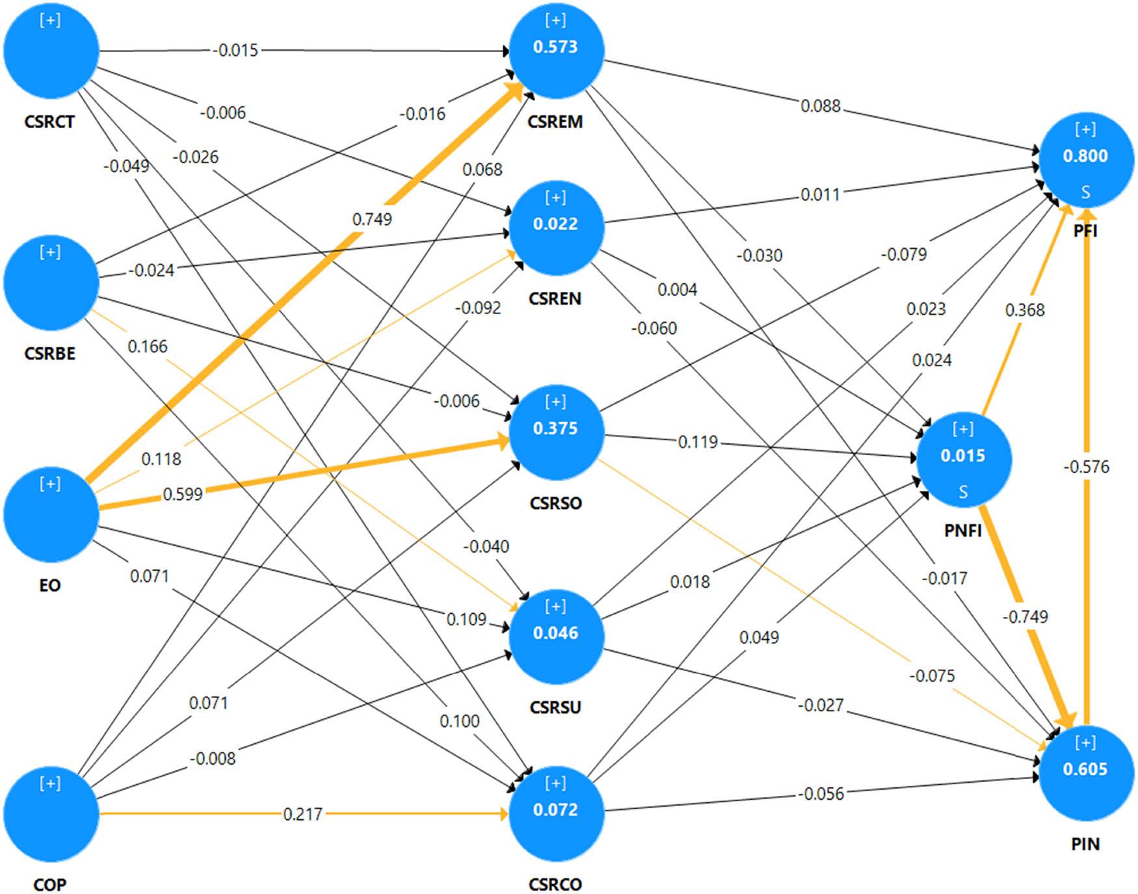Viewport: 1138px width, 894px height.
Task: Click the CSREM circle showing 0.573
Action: click(556, 51)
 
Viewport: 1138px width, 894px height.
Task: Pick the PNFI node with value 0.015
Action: click(963, 459)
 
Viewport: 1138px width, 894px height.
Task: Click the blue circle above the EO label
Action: click(51, 514)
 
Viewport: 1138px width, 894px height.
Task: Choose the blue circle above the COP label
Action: click(51, 813)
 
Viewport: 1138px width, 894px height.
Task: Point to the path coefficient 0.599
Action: click(183, 494)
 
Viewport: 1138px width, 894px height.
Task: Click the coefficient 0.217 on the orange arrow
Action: click(302, 814)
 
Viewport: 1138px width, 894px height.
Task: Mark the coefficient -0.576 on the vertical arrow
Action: click(1086, 467)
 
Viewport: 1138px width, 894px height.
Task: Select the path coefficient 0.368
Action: click(1025, 310)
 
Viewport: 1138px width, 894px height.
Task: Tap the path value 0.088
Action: click(821, 106)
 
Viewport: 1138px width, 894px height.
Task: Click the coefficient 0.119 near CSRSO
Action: click(698, 442)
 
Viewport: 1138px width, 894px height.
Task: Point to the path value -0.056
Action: click(821, 794)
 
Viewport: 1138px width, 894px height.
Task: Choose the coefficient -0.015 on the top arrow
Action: click(235, 50)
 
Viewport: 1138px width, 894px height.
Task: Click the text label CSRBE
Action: click(50, 353)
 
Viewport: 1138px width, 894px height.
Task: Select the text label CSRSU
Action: click(555, 707)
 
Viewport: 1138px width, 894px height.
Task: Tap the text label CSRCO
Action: click(555, 884)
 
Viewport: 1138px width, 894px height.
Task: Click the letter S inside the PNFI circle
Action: click(963, 492)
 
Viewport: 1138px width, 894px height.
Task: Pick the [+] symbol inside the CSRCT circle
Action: click(50, 20)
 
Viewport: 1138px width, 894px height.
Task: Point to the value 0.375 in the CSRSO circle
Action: click(555, 428)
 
